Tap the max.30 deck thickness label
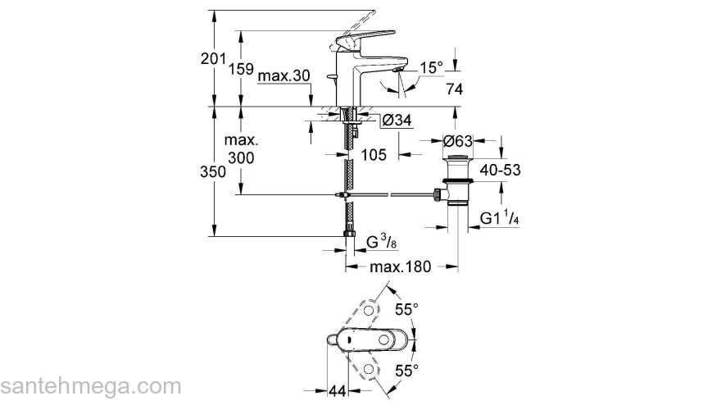(283, 76)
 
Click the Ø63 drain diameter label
(459, 141)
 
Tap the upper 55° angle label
(407, 309)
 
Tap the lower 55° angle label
(407, 370)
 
